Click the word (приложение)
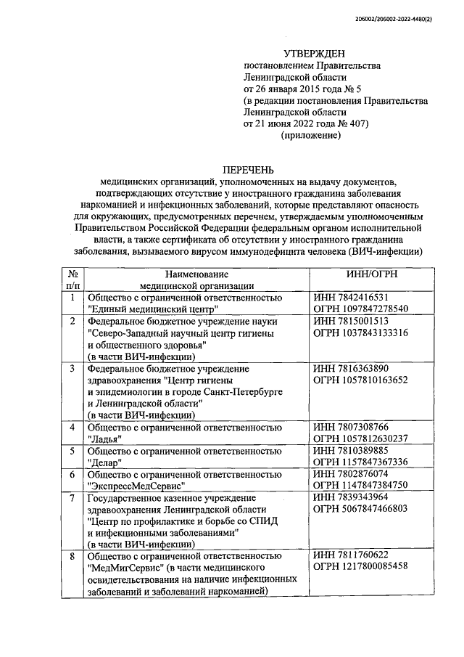[310, 136]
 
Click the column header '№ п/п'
[72, 280]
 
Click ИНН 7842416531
[352, 298]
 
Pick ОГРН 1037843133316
[361, 332]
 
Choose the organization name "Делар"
[104, 462]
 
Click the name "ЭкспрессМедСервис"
[136, 485]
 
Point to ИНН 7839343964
[352, 497]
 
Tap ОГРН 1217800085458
[361, 567]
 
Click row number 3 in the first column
[72, 368]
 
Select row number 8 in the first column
[72, 555]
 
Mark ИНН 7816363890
[352, 368]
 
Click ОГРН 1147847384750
[361, 485]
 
